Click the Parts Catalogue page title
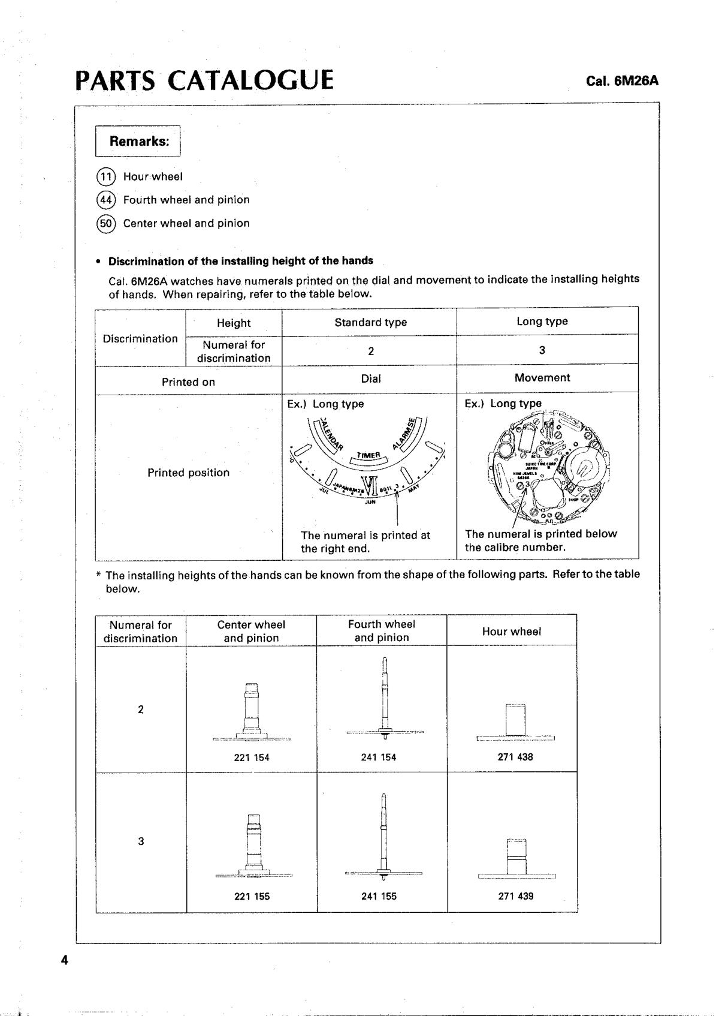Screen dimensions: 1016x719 (204, 80)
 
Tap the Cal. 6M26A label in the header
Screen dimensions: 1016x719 (622, 81)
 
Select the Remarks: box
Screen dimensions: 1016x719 (138, 142)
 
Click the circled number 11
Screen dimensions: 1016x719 (105, 176)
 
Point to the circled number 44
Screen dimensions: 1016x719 (105, 200)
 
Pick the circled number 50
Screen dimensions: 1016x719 (105, 223)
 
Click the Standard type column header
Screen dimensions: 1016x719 (370, 322)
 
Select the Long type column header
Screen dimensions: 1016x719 (542, 321)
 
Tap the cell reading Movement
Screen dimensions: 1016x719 (542, 378)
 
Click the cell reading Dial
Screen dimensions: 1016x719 (370, 379)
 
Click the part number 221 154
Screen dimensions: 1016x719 (252, 758)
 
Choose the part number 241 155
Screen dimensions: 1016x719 (379, 896)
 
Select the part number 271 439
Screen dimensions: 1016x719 (515, 896)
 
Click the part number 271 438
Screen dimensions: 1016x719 (515, 757)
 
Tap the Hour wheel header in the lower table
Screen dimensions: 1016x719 (511, 632)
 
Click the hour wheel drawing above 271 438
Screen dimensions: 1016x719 (515, 723)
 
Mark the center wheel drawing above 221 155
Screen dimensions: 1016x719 (254, 846)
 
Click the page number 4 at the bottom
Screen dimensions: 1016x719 (65, 960)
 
